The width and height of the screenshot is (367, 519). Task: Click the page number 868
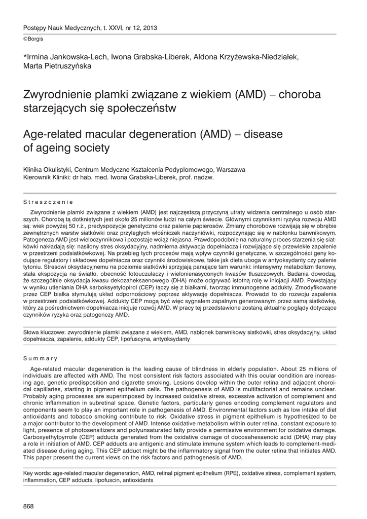[x=29, y=506]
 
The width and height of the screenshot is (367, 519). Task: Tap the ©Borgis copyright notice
[x=33, y=39]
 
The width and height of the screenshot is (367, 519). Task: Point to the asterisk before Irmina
[x=25, y=56]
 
